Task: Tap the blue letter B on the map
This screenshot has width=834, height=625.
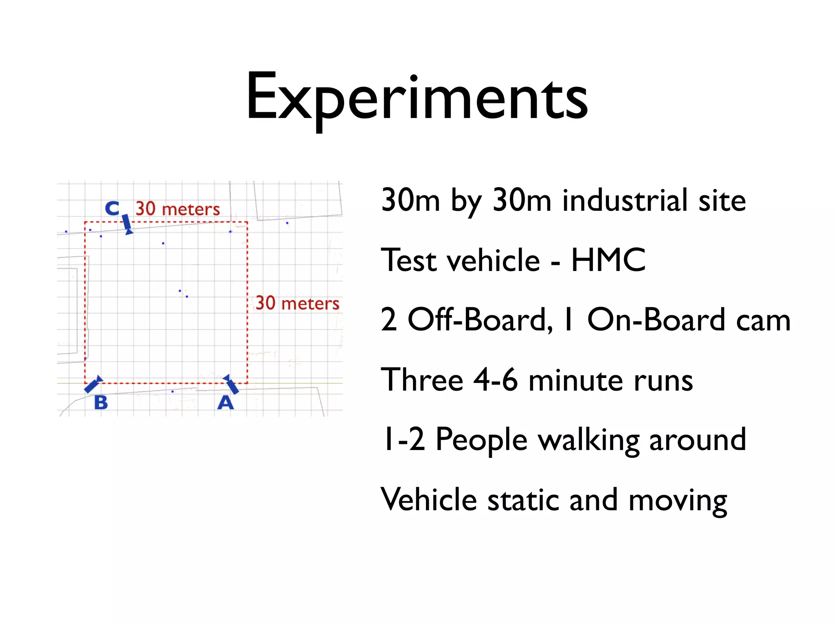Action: (x=101, y=403)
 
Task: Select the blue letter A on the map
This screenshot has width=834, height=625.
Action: (x=226, y=403)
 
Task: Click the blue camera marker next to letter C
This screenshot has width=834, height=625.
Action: (x=127, y=225)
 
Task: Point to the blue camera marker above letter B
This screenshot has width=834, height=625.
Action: (x=93, y=384)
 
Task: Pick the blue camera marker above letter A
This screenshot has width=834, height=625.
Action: (x=231, y=384)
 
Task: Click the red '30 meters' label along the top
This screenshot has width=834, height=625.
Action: (x=178, y=209)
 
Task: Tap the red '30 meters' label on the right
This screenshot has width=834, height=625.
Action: (x=297, y=303)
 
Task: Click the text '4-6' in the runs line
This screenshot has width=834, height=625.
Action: (x=496, y=380)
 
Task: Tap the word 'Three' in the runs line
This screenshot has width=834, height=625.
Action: (x=422, y=380)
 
